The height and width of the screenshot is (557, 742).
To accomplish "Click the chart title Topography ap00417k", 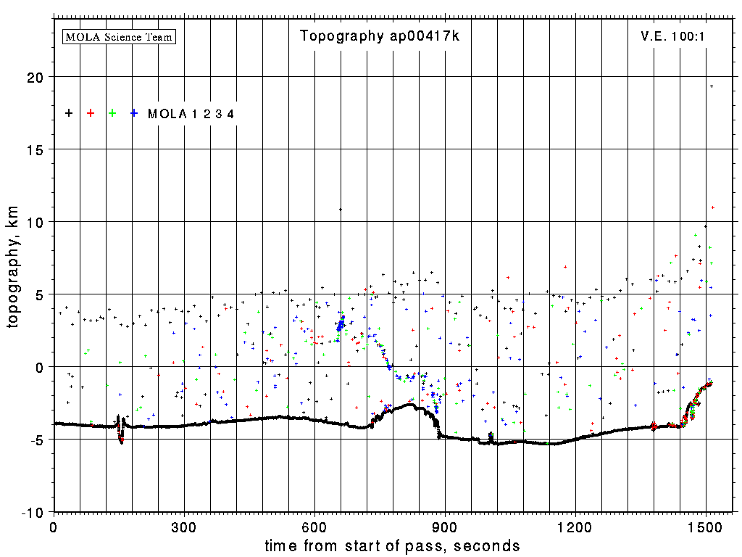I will [380, 36].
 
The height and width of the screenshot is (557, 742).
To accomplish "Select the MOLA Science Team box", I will [120, 36].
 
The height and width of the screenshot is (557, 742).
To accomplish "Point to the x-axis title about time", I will [392, 545].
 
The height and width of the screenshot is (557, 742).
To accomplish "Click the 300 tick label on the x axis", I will [184, 526].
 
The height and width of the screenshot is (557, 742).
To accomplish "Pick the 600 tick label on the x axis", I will [314, 526].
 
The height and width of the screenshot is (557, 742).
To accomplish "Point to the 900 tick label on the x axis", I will [445, 526].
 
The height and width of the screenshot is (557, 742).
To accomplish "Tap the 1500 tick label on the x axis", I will [706, 526].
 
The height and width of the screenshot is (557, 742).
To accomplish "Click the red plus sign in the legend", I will [91, 113].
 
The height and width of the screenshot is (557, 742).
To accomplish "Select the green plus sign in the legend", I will [112, 113].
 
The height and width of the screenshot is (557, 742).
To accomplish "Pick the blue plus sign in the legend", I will [134, 113].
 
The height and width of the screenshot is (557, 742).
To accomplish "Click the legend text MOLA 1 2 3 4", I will [191, 114].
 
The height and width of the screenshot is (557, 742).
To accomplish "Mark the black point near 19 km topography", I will [712, 86].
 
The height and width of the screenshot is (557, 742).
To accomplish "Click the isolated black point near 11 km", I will [340, 210].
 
